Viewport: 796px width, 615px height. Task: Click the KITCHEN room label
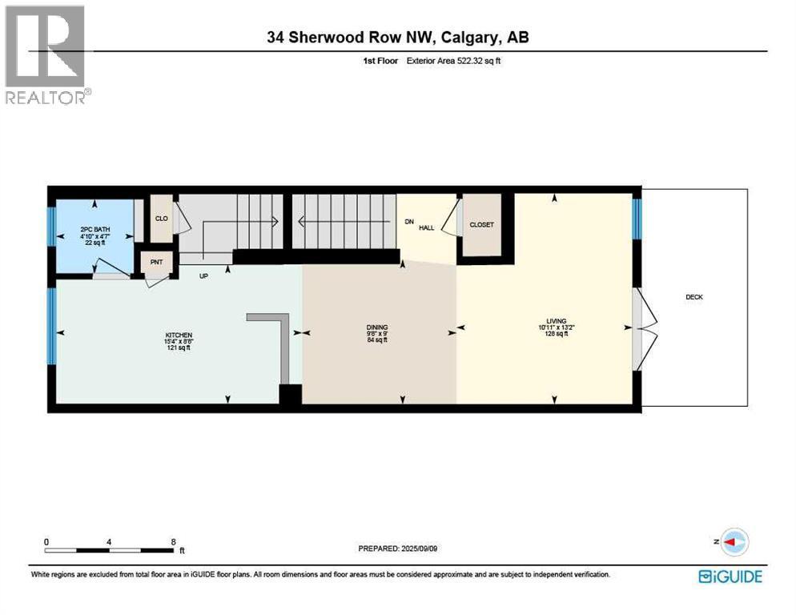(179, 336)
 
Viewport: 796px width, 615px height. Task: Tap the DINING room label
(377, 328)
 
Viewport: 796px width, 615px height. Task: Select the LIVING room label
(557, 321)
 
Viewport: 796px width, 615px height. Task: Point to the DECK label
(694, 297)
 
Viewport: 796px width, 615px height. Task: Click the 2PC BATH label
(95, 230)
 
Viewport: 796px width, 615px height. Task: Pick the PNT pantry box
(156, 262)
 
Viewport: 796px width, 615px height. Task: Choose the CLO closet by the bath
(162, 219)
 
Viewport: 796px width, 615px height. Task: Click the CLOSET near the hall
(481, 224)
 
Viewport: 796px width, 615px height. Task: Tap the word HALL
(426, 228)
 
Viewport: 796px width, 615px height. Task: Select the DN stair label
(409, 222)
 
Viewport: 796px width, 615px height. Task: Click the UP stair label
(203, 276)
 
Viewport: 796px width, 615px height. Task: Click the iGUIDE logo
(730, 577)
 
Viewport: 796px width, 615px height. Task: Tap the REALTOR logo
(46, 54)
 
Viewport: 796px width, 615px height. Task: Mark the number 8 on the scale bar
(174, 541)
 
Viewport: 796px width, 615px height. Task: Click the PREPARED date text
(397, 549)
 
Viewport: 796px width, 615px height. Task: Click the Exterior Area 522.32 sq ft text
(454, 60)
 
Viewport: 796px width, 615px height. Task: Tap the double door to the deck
(644, 328)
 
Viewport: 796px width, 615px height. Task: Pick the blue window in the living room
(637, 219)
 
